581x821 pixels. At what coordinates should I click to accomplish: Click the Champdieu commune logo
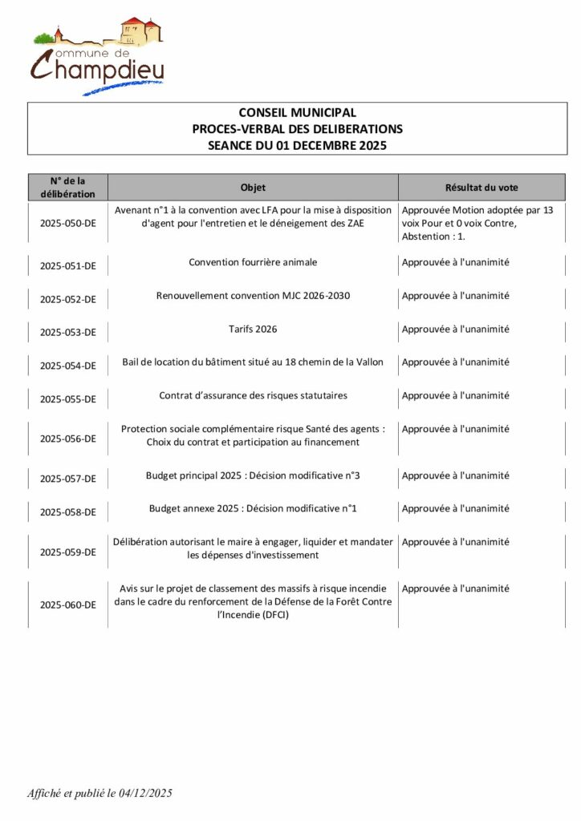[x=98, y=55]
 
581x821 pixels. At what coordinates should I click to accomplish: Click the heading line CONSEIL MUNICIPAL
[x=297, y=113]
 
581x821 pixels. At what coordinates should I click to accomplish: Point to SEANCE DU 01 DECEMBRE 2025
[x=297, y=146]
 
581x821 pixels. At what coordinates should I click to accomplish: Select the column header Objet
[x=253, y=188]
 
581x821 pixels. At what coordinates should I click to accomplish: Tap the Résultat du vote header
[x=481, y=188]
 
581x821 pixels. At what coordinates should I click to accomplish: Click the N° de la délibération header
[x=68, y=188]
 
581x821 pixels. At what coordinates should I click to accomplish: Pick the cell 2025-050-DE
[x=68, y=224]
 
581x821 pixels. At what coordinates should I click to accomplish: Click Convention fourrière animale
[x=253, y=262]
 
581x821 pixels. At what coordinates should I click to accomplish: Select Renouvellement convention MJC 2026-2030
[x=253, y=296]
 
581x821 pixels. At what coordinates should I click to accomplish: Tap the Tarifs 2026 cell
[x=253, y=329]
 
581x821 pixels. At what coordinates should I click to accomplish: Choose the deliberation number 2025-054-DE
[x=68, y=366]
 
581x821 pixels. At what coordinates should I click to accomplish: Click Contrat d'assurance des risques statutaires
[x=253, y=395]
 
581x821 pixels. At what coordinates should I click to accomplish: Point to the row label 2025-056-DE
[x=68, y=439]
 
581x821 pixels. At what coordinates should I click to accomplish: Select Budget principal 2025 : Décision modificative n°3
[x=253, y=475]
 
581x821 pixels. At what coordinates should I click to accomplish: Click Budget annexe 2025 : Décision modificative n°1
[x=253, y=508]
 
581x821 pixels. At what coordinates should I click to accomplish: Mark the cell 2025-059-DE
[x=68, y=552]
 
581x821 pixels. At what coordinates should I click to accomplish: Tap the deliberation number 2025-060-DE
[x=68, y=605]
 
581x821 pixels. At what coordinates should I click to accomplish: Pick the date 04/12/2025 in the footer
[x=144, y=794]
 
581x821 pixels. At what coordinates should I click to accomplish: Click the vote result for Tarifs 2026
[x=455, y=329]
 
